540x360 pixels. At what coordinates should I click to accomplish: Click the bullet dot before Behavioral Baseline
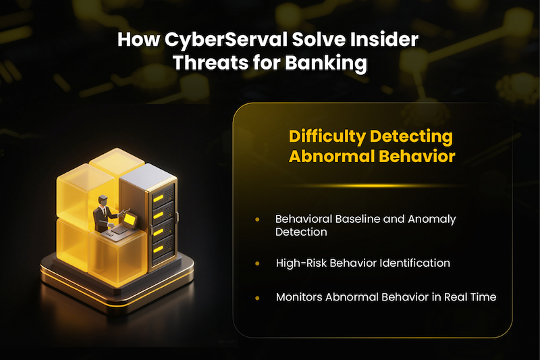click(257, 220)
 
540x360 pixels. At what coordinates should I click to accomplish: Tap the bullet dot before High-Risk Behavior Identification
click(257, 263)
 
